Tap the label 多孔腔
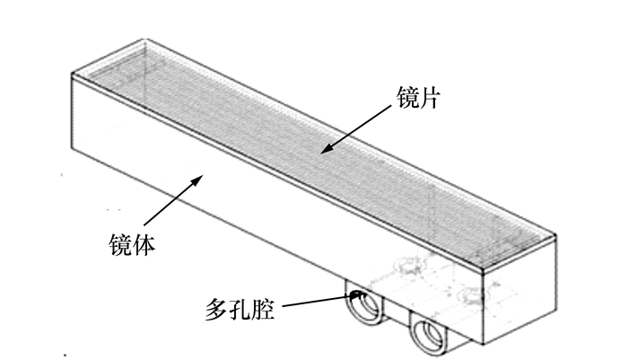pyautogui.click(x=239, y=312)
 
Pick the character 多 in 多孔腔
pyautogui.click(x=215, y=312)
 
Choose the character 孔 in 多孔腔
pyautogui.click(x=239, y=312)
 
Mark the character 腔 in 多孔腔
pyautogui.click(x=262, y=312)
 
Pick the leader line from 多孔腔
pyautogui.click(x=314, y=302)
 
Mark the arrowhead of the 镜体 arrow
pyautogui.click(x=198, y=180)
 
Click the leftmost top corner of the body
pyautogui.click(x=71, y=75)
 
